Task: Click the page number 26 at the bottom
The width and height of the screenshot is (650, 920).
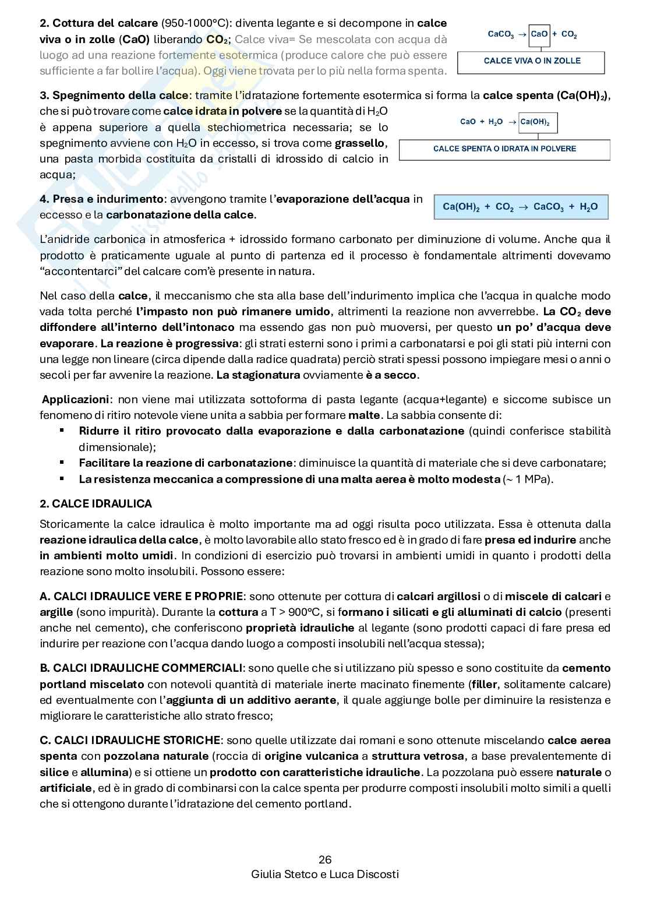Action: (x=325, y=859)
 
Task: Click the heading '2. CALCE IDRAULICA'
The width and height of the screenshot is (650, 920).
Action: (x=96, y=503)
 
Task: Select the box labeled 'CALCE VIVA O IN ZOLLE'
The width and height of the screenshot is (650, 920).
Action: (x=532, y=61)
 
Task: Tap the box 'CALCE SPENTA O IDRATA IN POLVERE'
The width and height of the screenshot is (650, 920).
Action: (x=504, y=149)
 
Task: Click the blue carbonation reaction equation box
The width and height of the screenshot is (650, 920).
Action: (x=521, y=207)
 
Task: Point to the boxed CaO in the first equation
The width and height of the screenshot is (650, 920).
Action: (x=539, y=34)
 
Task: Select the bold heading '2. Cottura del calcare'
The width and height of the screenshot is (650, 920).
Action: (x=98, y=23)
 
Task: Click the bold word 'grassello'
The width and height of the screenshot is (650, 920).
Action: (x=359, y=143)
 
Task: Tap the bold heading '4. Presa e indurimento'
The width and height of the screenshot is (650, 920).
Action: (x=101, y=199)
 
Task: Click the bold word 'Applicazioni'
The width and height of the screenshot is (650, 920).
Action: (x=76, y=400)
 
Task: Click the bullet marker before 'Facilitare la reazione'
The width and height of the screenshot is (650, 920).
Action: (x=61, y=463)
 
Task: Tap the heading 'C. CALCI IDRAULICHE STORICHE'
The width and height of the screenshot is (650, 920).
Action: (x=130, y=740)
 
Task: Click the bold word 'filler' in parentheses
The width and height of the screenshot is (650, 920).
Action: (x=483, y=683)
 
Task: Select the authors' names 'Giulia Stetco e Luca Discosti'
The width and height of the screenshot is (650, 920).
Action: (x=325, y=875)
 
